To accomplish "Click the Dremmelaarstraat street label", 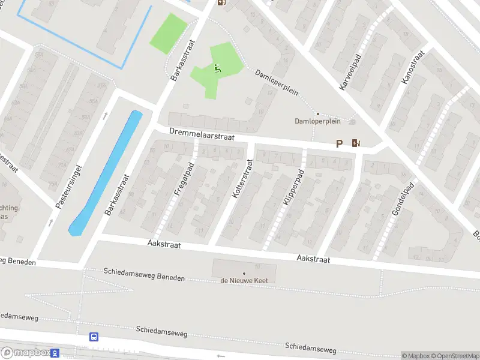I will click(201, 133).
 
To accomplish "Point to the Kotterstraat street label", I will click(242, 178).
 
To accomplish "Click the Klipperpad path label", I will click(294, 187).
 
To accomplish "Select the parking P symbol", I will click(339, 143).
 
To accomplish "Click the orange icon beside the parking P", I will click(356, 143).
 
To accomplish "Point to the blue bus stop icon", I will click(94, 337).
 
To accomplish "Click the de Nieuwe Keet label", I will click(244, 280).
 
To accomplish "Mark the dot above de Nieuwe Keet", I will click(244, 273).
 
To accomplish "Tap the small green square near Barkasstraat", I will click(168, 34).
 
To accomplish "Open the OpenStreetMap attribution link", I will click(454, 356).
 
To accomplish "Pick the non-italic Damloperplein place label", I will click(317, 121).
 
